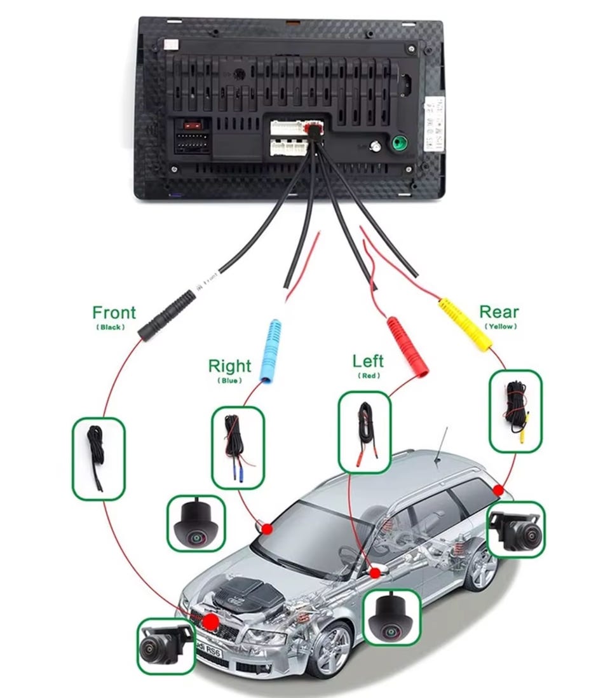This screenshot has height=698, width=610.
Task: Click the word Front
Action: point(114,312)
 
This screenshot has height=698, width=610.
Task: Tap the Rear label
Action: point(499,311)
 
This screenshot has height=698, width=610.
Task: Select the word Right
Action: point(229,366)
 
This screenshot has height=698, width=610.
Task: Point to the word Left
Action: point(368,361)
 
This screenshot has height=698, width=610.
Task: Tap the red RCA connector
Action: point(407,347)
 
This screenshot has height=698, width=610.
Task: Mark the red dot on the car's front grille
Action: point(211,621)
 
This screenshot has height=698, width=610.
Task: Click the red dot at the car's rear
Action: point(498,490)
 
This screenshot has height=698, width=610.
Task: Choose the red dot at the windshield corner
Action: point(267,528)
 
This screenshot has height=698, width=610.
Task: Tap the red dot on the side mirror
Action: point(375,573)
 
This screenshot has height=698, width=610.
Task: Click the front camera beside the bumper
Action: point(165,645)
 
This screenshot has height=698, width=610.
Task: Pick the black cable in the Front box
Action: point(97,458)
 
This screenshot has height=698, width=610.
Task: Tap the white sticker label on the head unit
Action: point(435,124)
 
